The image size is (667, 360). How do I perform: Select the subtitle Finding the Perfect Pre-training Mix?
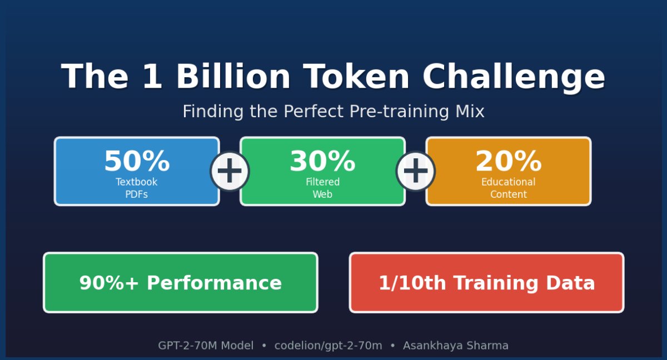tap(333, 112)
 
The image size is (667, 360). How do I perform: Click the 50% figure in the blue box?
tap(137, 162)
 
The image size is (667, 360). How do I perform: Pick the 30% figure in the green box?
tap(322, 162)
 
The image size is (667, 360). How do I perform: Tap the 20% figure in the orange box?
tap(508, 162)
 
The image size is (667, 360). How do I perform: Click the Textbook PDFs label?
tap(137, 188)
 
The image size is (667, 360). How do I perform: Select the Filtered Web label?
tap(322, 188)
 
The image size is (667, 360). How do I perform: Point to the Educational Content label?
tap(508, 188)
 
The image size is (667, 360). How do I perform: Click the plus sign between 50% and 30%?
tap(230, 172)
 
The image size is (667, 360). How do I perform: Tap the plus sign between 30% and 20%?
tap(415, 172)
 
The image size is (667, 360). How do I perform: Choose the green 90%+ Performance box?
tap(181, 283)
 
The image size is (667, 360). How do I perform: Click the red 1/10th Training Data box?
tap(486, 283)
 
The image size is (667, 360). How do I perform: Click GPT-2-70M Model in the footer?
tap(206, 346)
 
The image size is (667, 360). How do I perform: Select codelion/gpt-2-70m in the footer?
tap(328, 346)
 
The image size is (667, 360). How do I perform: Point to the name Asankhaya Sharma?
tap(456, 346)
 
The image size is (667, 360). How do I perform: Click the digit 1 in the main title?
tap(152, 77)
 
